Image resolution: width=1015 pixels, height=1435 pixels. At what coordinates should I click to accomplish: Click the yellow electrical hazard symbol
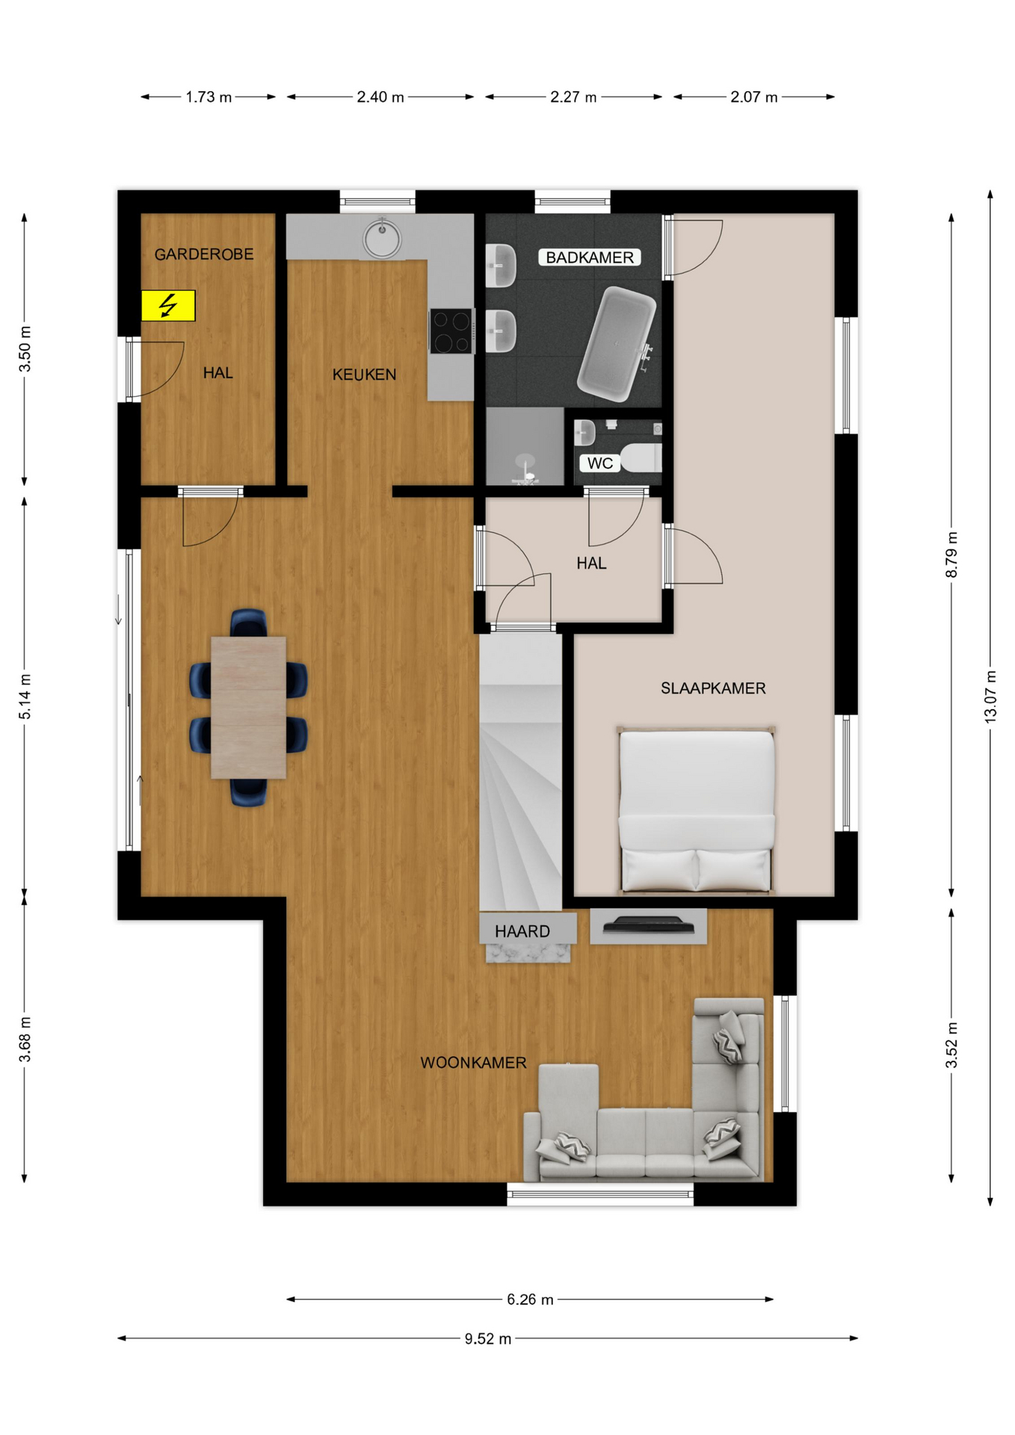pyautogui.click(x=168, y=306)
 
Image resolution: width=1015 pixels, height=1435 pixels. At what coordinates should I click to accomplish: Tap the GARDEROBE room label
pyautogui.click(x=204, y=255)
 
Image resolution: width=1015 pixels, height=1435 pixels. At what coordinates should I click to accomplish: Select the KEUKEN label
pyautogui.click(x=364, y=374)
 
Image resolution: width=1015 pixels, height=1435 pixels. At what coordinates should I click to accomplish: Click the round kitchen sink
pyautogui.click(x=382, y=238)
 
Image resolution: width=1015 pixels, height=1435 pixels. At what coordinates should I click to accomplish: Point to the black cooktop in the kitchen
pyautogui.click(x=451, y=330)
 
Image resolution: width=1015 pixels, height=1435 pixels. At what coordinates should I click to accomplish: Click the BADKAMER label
pyautogui.click(x=590, y=258)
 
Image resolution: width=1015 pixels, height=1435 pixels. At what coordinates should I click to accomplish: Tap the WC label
pyautogui.click(x=599, y=463)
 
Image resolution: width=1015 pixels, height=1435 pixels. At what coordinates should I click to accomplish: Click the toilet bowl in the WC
pyautogui.click(x=642, y=457)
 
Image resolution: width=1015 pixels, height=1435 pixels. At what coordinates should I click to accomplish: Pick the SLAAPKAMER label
pyautogui.click(x=713, y=688)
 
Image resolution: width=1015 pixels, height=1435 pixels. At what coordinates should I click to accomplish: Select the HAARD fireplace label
pyautogui.click(x=522, y=931)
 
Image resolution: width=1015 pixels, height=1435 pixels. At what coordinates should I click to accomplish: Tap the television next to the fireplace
pyautogui.click(x=649, y=925)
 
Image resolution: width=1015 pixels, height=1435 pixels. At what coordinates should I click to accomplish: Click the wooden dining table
pyautogui.click(x=248, y=707)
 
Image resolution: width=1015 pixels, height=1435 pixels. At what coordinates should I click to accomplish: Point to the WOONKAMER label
pyautogui.click(x=473, y=1063)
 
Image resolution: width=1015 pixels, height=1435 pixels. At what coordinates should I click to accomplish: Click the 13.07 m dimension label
pyautogui.click(x=990, y=696)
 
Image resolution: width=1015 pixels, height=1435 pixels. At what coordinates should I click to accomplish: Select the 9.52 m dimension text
pyautogui.click(x=488, y=1339)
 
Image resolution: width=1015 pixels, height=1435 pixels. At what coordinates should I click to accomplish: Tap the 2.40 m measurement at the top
pyautogui.click(x=380, y=97)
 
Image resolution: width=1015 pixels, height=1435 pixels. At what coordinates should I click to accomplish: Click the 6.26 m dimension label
pyautogui.click(x=530, y=1300)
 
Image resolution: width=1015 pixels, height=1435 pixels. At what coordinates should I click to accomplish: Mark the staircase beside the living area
pyautogui.click(x=520, y=771)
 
